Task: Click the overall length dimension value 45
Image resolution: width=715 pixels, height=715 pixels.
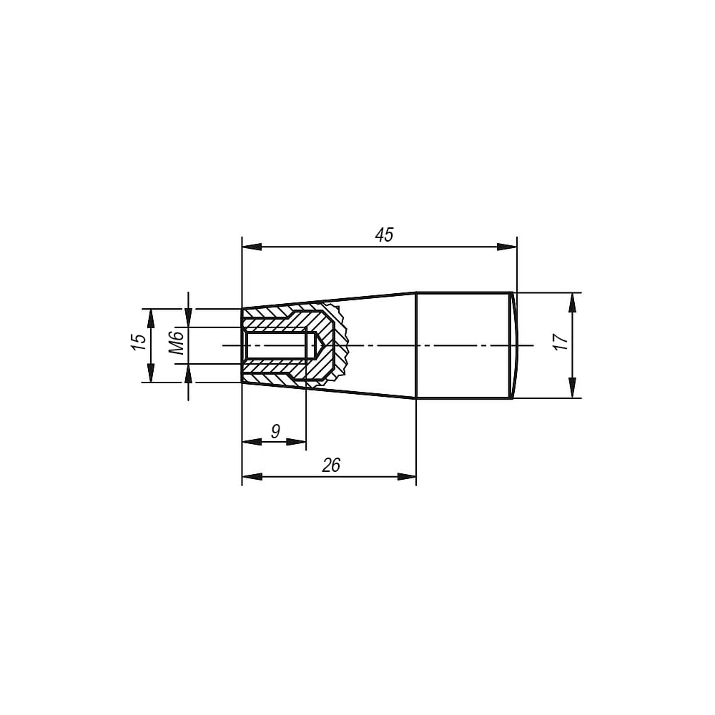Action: [x=384, y=235]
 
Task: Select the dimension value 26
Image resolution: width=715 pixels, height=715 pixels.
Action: [x=332, y=465]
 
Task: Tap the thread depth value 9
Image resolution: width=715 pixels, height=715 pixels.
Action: [x=275, y=430]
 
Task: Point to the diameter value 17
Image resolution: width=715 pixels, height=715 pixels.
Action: [x=561, y=341]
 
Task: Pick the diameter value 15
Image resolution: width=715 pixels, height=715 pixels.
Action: [x=139, y=342]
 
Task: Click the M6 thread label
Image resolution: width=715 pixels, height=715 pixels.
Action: [x=176, y=343]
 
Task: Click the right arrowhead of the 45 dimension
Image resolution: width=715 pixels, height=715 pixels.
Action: [x=507, y=247]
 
